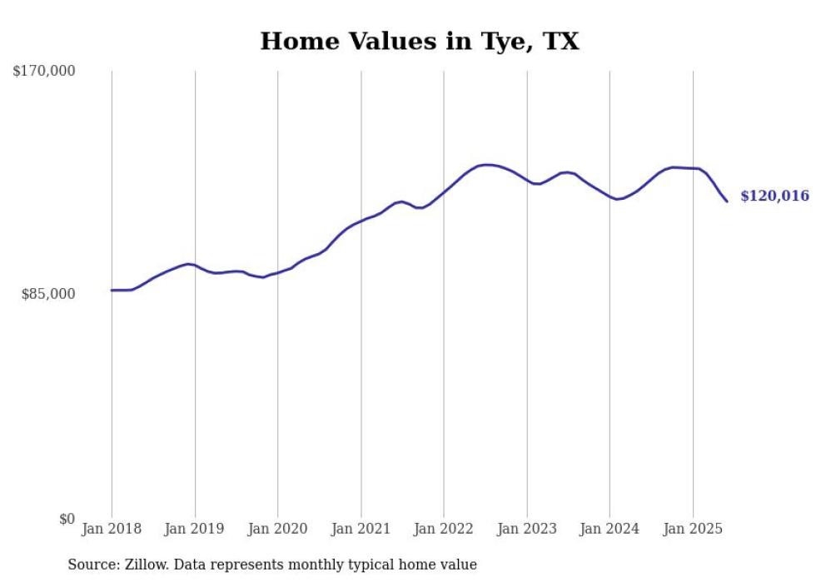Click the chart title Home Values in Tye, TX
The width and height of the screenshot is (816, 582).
419,41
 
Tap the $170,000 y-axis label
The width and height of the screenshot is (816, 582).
44,72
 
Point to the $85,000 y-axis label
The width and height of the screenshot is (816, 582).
48,294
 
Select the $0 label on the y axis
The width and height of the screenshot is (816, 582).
67,519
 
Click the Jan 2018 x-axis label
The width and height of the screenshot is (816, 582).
112,529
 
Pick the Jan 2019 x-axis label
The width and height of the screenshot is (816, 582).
195,529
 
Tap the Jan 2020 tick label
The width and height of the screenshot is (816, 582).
278,529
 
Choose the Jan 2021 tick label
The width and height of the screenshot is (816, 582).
361,529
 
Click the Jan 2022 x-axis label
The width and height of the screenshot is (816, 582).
444,529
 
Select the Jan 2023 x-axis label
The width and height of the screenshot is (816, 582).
526,529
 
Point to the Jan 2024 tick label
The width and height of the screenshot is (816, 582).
610,529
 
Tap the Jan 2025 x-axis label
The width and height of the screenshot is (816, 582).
693,529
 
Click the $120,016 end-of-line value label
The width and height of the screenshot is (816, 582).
774,196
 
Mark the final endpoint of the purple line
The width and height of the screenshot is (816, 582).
727,201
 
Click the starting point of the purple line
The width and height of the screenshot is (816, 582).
112,291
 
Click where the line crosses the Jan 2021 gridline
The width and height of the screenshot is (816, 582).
361,221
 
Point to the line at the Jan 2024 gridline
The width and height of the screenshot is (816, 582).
610,197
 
